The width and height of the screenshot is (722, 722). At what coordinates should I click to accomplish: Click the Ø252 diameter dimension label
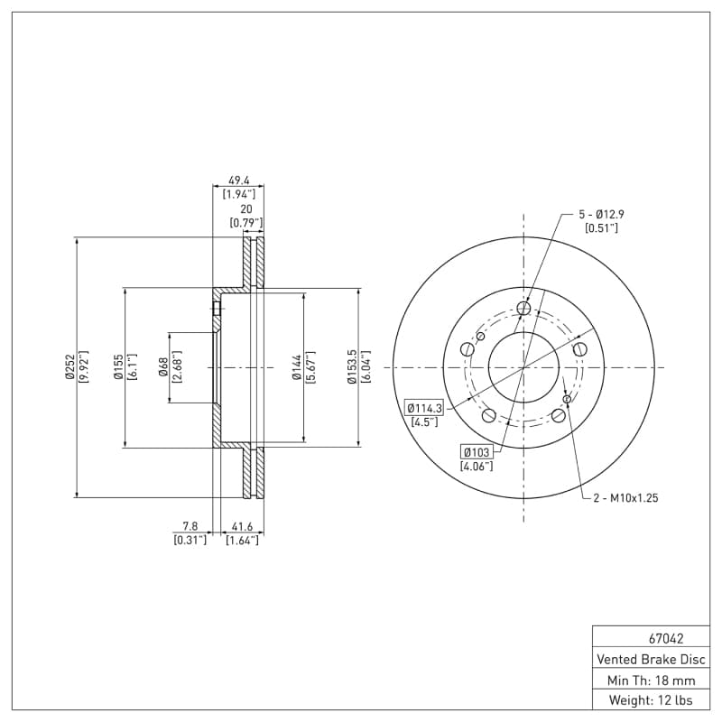coord(69,367)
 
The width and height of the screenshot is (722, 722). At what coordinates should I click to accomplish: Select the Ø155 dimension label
coord(118,367)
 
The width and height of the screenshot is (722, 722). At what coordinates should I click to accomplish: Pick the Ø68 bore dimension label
coord(163,367)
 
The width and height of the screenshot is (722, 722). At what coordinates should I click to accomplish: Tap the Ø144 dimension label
coord(296,367)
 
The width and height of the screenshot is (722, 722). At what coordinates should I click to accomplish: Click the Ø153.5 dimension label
coord(352,367)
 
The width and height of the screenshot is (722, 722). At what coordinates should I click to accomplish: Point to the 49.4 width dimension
coord(238,180)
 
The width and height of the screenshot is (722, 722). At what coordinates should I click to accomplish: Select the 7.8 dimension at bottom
coord(190,525)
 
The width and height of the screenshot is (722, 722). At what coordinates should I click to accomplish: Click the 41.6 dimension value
coord(242,525)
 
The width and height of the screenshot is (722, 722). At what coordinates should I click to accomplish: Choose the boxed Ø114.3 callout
coord(424,407)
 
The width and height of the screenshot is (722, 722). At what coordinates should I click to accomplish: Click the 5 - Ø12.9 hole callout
coord(601,215)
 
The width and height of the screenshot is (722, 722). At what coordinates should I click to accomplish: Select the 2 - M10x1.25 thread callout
coord(625,497)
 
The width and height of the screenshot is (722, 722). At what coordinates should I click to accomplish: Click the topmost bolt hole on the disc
coord(524,309)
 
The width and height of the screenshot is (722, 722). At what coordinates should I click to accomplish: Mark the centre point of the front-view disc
coord(524,367)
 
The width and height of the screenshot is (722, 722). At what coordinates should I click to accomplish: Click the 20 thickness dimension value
coord(245,208)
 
